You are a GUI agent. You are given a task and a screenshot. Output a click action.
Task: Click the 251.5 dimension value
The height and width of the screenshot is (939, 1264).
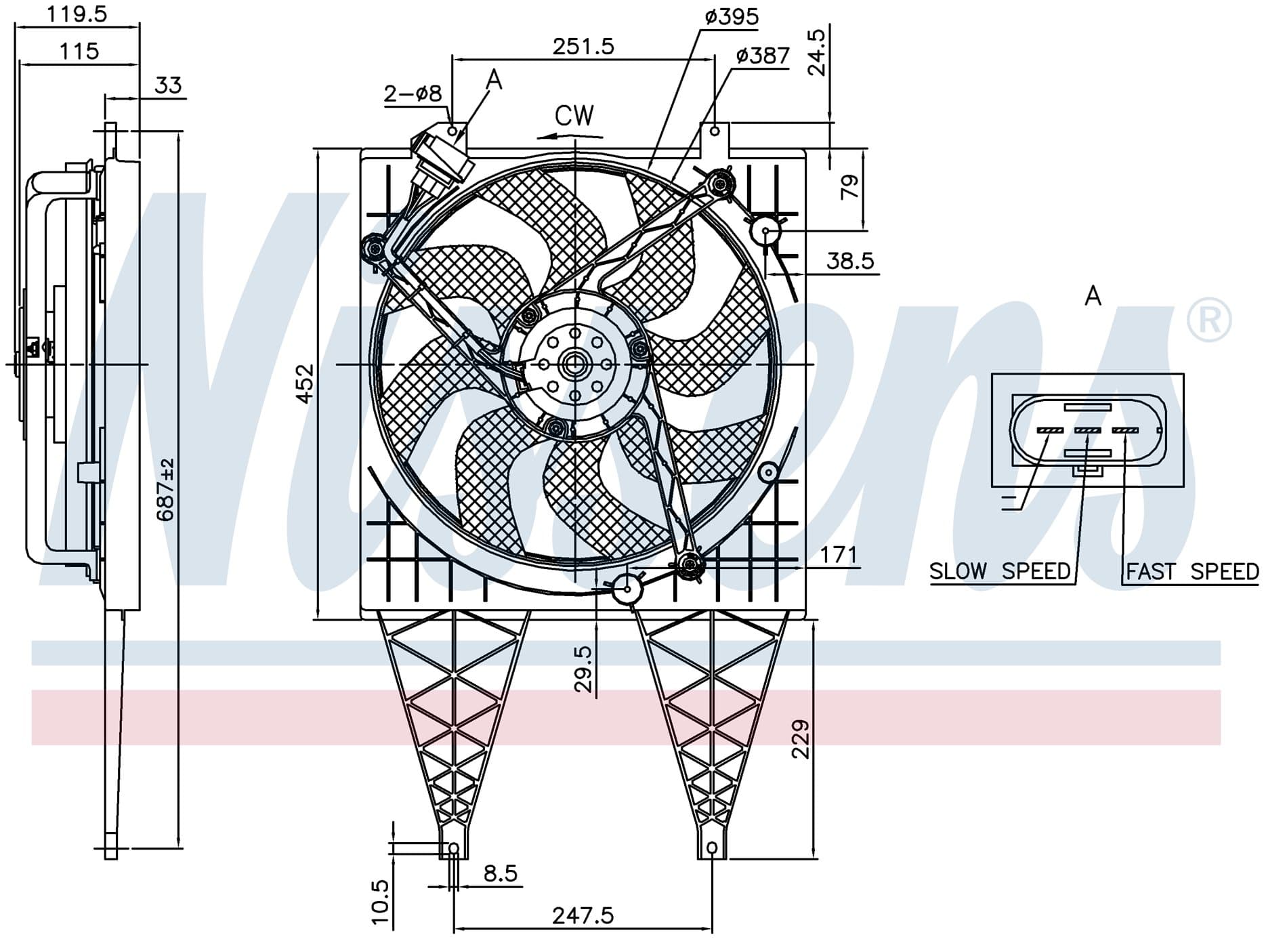(583, 46)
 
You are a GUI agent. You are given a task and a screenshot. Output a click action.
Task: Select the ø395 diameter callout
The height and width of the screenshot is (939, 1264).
(732, 16)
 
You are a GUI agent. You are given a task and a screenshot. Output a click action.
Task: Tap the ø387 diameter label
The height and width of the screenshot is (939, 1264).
(763, 55)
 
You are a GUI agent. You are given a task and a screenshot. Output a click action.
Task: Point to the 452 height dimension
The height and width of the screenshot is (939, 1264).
(306, 383)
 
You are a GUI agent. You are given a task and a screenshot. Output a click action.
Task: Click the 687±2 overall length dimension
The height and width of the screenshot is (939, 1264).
(165, 489)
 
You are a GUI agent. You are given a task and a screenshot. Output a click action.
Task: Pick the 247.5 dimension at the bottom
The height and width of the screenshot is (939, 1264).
(583, 916)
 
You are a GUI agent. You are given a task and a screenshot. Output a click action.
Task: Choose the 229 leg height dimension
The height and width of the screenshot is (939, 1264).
(800, 738)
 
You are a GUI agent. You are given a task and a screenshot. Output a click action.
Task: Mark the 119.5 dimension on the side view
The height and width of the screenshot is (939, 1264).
(77, 14)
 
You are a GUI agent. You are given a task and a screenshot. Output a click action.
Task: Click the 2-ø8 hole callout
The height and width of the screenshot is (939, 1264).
(413, 93)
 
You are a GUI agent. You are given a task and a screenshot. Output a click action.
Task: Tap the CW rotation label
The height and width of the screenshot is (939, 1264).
(574, 116)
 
